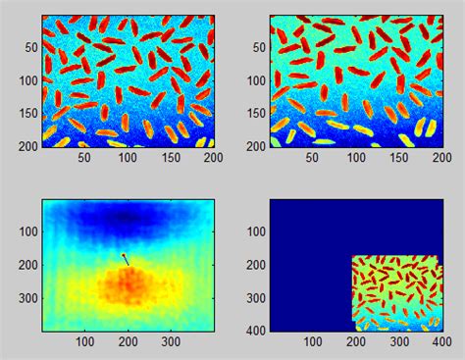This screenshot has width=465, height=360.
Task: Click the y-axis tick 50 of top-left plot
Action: (30, 47)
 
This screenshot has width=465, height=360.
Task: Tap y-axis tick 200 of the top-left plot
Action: (27, 145)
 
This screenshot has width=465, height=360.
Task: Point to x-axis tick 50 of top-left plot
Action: (84, 156)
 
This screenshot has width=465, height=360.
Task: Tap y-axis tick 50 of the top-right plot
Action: (258, 47)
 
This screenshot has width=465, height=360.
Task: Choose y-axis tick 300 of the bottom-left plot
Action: (27, 297)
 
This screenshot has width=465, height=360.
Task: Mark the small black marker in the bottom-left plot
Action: (125, 259)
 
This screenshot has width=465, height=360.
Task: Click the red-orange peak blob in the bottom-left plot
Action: (129, 284)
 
